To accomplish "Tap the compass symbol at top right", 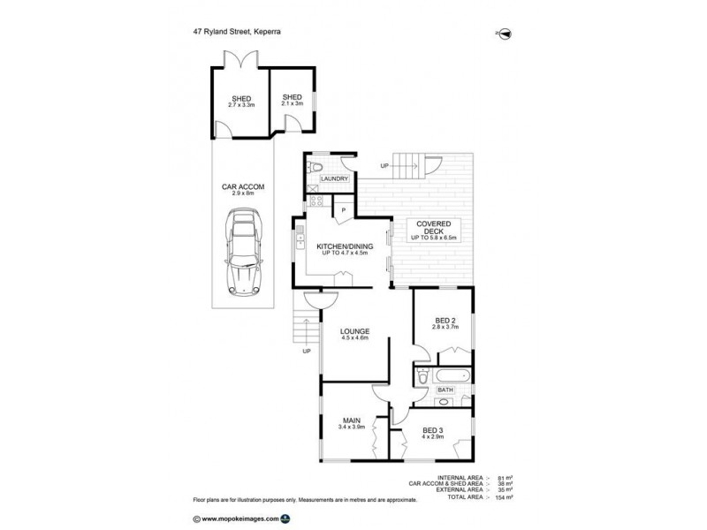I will coord(506,34).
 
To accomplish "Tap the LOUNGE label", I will coord(353,331).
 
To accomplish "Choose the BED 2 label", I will coord(444,321).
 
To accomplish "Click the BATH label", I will coord(445,389).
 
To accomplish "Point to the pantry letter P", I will coord(342,210).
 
